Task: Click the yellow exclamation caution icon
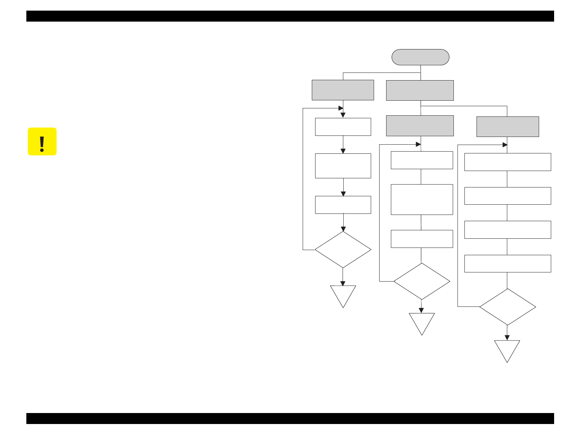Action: (x=42, y=142)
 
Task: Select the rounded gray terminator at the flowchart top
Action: (x=420, y=57)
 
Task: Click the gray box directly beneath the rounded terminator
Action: (x=420, y=90)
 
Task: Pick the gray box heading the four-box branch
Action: (x=507, y=127)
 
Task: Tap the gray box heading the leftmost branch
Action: (x=343, y=90)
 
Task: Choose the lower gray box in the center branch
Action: (x=420, y=126)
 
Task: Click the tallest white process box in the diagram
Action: (x=422, y=200)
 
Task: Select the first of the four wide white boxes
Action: (x=507, y=162)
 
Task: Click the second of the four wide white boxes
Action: (x=507, y=196)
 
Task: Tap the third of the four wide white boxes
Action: (x=507, y=230)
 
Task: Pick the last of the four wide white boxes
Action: (x=507, y=264)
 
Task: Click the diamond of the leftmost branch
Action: (x=343, y=250)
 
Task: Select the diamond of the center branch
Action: (x=422, y=281)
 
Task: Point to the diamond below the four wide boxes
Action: (x=507, y=307)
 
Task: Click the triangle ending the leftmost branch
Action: (x=343, y=294)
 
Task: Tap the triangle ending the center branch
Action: (x=422, y=321)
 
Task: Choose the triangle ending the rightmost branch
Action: (x=507, y=349)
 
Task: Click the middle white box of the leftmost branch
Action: (x=343, y=166)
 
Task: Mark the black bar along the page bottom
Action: (x=290, y=419)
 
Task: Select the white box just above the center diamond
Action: (x=422, y=239)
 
